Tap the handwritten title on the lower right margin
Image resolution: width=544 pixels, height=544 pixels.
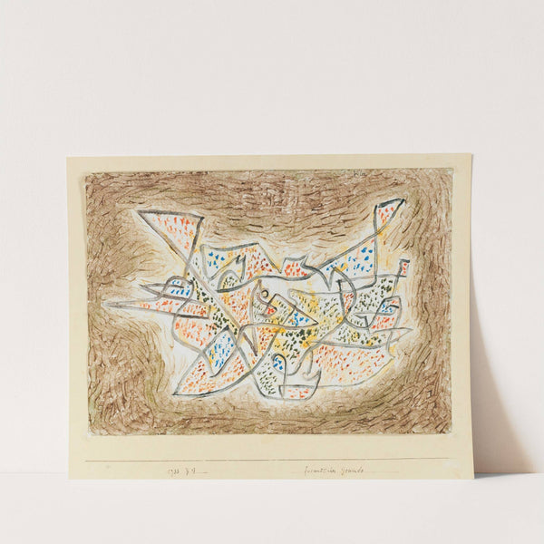[333, 471]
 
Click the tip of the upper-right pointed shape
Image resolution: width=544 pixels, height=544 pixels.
[403, 201]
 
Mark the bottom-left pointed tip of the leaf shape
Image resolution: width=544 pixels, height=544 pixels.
[174, 392]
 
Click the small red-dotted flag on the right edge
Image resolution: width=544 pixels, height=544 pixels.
[403, 267]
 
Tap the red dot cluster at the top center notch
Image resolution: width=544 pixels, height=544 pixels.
[295, 269]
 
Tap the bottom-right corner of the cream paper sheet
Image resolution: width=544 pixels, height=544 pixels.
[472, 477]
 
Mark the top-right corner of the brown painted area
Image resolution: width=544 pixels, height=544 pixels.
[451, 170]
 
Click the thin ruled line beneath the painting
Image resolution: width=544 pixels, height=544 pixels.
[272, 459]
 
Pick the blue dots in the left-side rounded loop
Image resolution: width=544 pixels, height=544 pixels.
[179, 292]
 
